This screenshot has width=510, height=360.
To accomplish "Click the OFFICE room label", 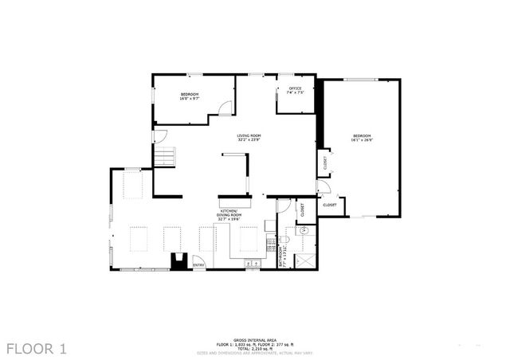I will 294,90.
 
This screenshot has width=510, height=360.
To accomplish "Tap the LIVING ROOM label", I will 249,137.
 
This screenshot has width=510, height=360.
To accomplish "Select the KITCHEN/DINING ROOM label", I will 229,213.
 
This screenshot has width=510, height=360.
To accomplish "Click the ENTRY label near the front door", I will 198,265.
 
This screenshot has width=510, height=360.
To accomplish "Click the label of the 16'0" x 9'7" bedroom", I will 189,96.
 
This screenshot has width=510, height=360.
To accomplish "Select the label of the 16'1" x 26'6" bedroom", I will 363,139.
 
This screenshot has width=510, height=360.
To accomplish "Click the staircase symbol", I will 163,157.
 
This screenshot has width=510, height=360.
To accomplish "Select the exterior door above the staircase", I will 160,136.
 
